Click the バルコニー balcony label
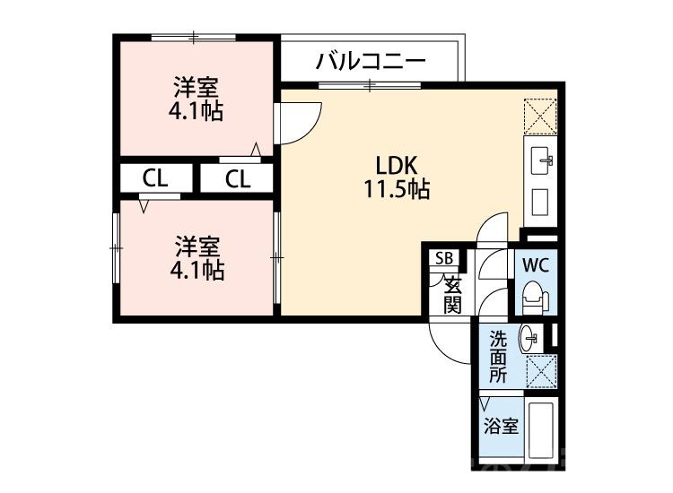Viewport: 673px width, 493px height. pos(370,63)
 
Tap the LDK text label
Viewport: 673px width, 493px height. pos(395,167)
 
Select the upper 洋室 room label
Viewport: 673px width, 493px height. pos(196,88)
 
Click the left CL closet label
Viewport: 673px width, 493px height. pos(154,178)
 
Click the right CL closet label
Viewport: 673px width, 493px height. pos(237,178)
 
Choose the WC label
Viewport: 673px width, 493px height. pos(536,265)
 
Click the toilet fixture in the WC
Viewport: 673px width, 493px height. pos(533,296)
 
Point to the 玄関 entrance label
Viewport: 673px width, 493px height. pos(452,296)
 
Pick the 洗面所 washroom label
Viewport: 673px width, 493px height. pos(498,357)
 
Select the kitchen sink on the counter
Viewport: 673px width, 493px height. pos(541,161)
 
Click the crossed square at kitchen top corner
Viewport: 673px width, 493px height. pos(541,115)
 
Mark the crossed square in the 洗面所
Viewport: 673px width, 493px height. pos(540,369)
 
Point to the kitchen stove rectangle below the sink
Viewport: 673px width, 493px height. pos(541,203)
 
